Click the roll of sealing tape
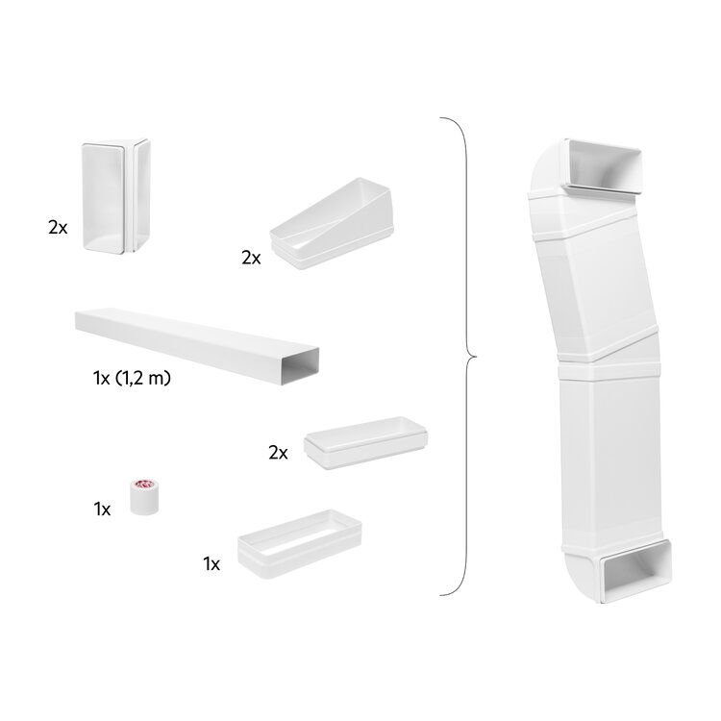click(144, 497)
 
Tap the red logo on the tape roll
click(144, 485)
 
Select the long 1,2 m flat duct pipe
click(197, 346)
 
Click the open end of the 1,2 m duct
click(300, 366)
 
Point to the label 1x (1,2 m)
click(132, 378)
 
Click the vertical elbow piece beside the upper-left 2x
click(116, 196)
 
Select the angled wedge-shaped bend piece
click(332, 223)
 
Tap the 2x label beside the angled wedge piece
click(251, 258)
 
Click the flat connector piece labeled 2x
click(365, 443)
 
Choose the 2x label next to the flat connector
click(278, 454)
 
